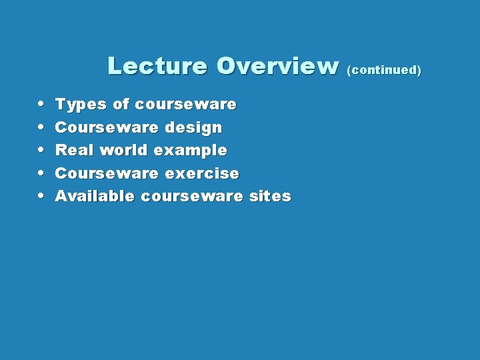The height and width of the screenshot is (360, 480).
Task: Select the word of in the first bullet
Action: (121, 105)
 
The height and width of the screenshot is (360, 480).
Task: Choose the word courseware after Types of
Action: (185, 105)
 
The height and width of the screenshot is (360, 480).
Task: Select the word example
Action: (190, 151)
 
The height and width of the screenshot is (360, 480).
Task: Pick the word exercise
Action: (201, 173)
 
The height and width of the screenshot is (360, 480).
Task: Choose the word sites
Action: (269, 197)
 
